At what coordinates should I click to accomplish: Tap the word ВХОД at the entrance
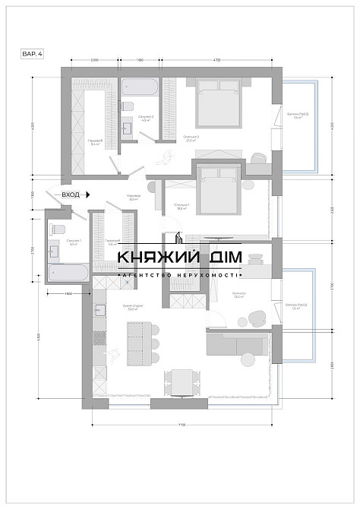click(71, 194)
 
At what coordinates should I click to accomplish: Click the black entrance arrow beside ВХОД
click(89, 194)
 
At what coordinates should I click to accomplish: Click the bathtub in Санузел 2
click(140, 88)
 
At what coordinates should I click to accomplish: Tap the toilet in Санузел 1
click(60, 229)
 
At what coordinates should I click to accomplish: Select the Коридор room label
click(134, 198)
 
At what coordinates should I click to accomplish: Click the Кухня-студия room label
click(134, 308)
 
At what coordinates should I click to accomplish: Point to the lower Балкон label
click(295, 308)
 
